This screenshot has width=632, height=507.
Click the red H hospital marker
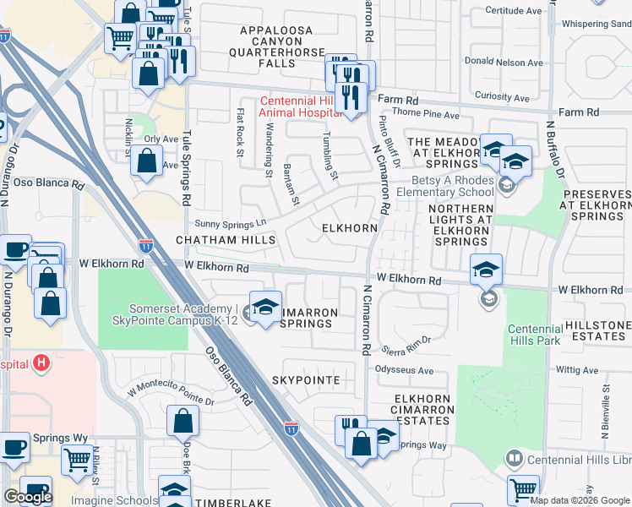(40, 364)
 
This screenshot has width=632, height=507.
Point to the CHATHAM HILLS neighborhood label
(226, 241)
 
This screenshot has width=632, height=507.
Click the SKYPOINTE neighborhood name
(306, 381)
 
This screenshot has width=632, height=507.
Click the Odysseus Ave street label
(404, 370)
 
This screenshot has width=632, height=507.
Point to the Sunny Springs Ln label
(231, 223)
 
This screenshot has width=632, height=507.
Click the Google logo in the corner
(28, 497)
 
